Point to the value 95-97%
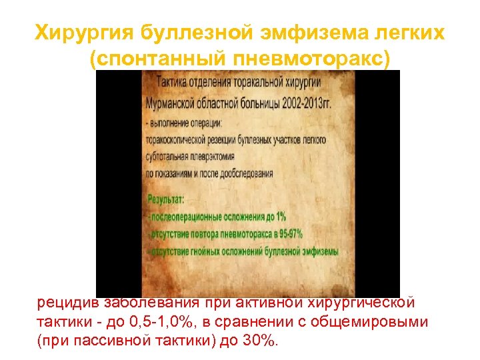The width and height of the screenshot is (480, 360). pos(287,234)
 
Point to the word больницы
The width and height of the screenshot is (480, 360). pos(255,105)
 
